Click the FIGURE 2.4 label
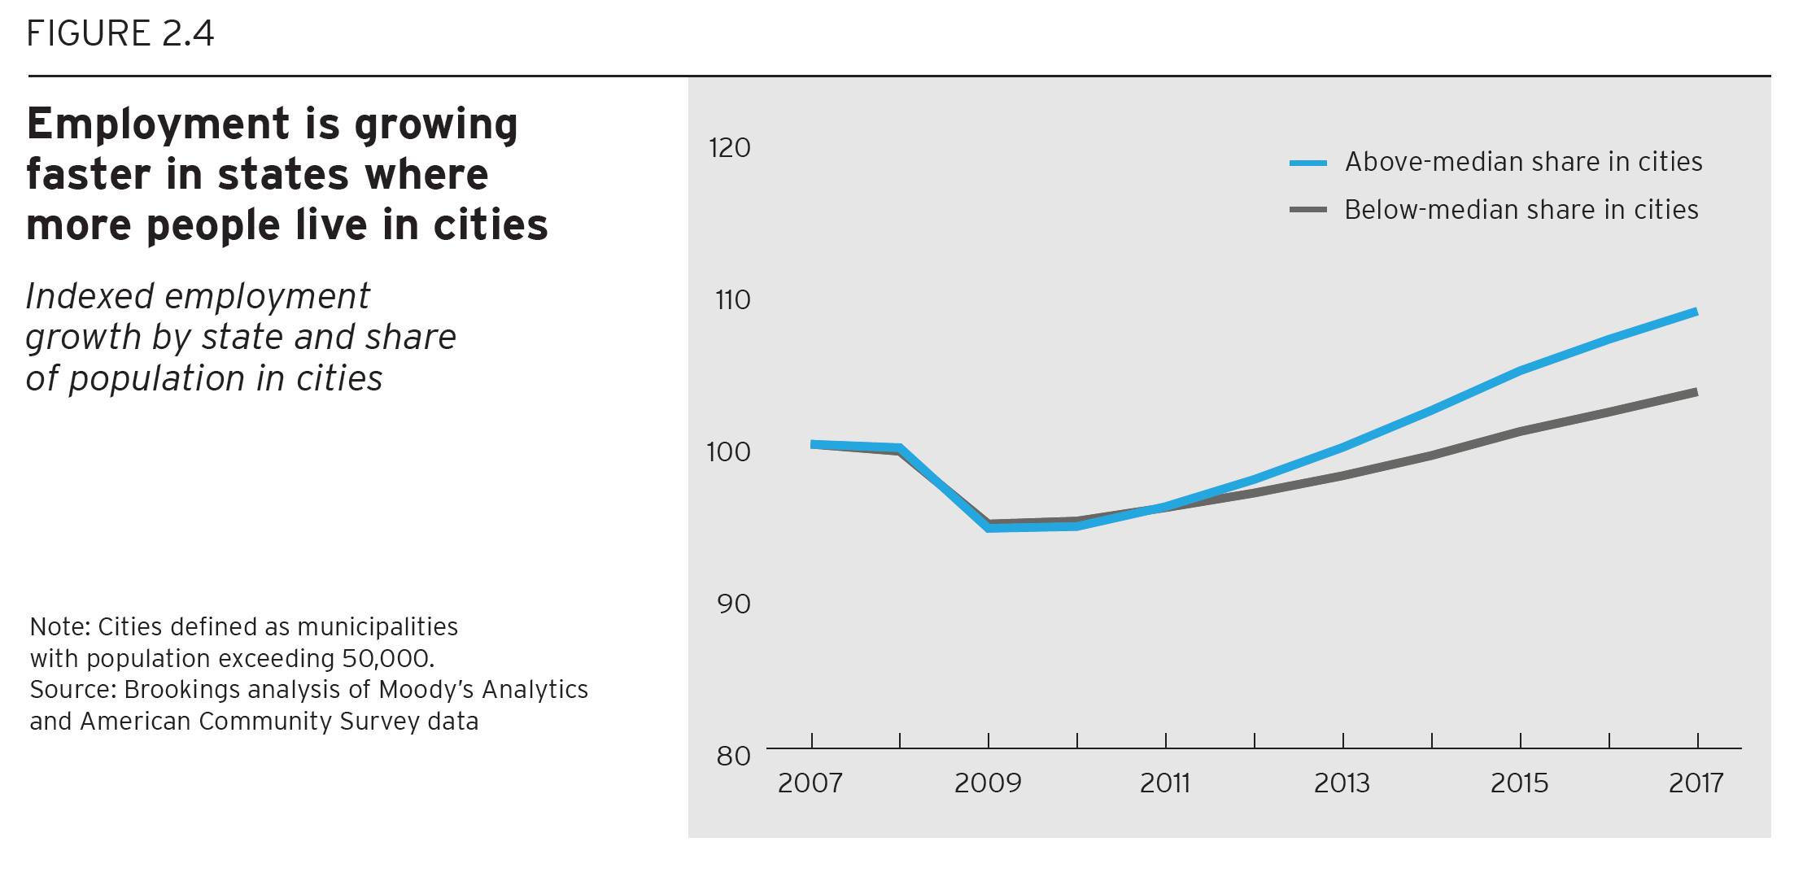[120, 34]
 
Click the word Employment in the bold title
[158, 124]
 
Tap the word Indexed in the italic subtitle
[89, 296]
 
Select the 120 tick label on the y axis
[729, 148]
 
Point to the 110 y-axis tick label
[732, 300]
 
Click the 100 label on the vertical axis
[728, 452]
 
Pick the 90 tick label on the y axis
[733, 604]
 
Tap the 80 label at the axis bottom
[733, 757]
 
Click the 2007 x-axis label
[810, 783]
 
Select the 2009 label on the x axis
[987, 783]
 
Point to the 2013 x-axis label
[1342, 783]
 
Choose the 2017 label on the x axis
[1696, 783]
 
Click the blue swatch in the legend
[1307, 164]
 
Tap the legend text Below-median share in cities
[1521, 210]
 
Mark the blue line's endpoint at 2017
[1696, 312]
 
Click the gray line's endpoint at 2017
[1696, 392]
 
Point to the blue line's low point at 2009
[989, 528]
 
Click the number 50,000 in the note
[386, 658]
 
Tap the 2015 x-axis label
[1519, 783]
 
